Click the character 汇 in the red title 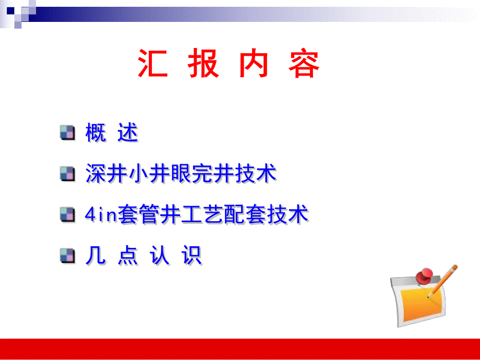pos(153,65)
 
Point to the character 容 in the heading pos(304,65)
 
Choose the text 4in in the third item pos(101,214)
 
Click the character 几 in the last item pos(95,256)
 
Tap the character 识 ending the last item pos(191,256)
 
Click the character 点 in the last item pos(128,256)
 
